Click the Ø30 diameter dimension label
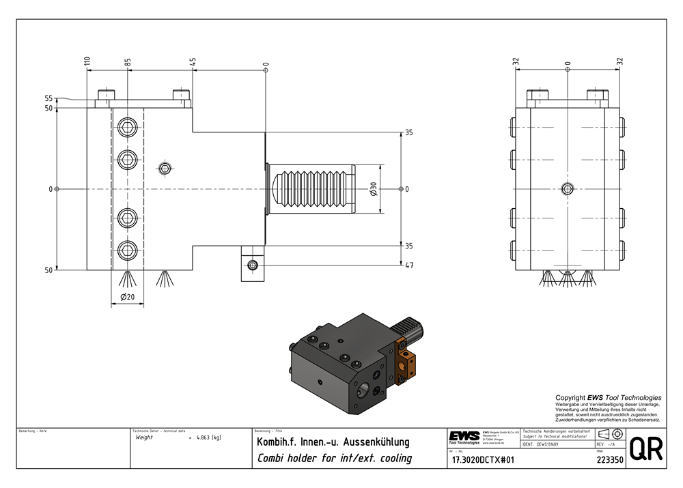(374, 189)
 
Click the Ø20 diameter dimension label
(127, 297)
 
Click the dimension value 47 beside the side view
(409, 265)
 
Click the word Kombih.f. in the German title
(276, 442)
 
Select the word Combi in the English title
(271, 458)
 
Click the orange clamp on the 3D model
(406, 361)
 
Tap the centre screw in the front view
(568, 188)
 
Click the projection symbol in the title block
(610, 435)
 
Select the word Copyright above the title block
(571, 397)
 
